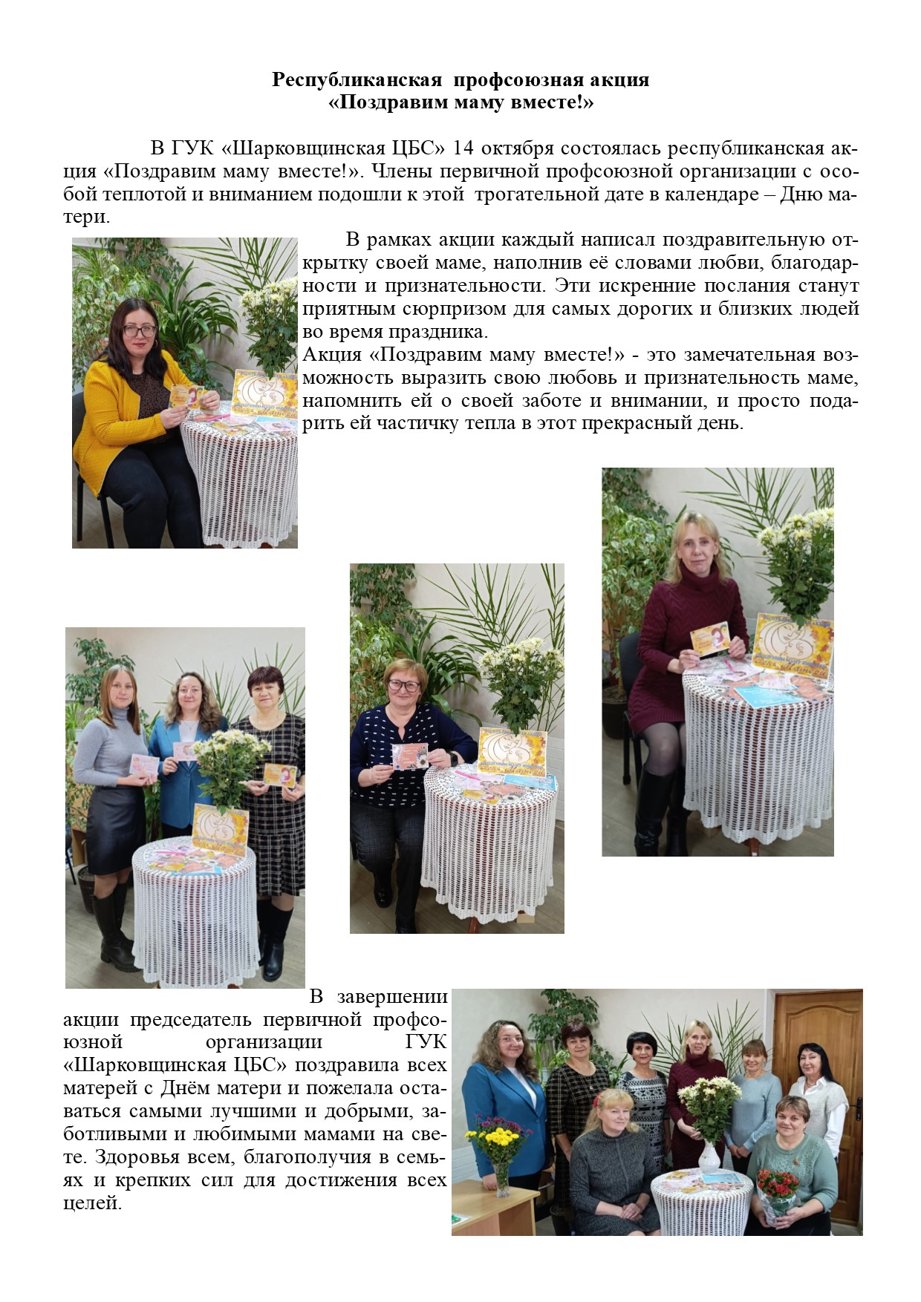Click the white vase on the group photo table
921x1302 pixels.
(710, 1158)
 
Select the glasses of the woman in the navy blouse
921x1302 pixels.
(406, 687)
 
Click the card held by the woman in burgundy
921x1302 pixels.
(710, 641)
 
